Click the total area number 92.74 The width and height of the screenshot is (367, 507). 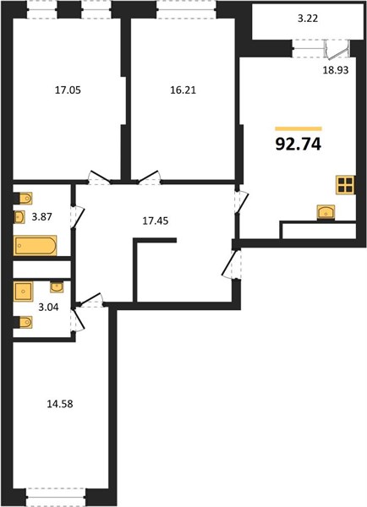pyautogui.click(x=298, y=144)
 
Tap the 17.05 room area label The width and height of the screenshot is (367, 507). pyautogui.click(x=68, y=90)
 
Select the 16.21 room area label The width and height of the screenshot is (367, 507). pyautogui.click(x=183, y=90)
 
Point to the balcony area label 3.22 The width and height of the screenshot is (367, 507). pyautogui.click(x=308, y=19)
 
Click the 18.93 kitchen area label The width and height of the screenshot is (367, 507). pyautogui.click(x=336, y=70)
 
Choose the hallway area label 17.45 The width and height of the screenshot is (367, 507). pyautogui.click(x=156, y=221)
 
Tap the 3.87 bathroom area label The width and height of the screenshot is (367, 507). pyautogui.click(x=41, y=216)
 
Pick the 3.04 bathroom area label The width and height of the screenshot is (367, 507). pyautogui.click(x=48, y=307)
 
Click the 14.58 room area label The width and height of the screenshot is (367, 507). pyautogui.click(x=60, y=404)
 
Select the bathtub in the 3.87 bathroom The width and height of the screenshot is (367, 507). pyautogui.click(x=35, y=245)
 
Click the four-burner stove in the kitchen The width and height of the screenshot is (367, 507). pyautogui.click(x=345, y=185)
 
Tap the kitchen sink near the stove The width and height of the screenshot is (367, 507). pyautogui.click(x=326, y=212)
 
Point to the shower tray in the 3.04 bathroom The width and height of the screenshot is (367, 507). pyautogui.click(x=24, y=292)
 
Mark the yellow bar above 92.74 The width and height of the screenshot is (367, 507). pyautogui.click(x=299, y=128)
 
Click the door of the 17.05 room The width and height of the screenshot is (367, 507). pyautogui.click(x=99, y=177)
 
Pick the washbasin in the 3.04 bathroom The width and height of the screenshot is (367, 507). pyautogui.click(x=57, y=287)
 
